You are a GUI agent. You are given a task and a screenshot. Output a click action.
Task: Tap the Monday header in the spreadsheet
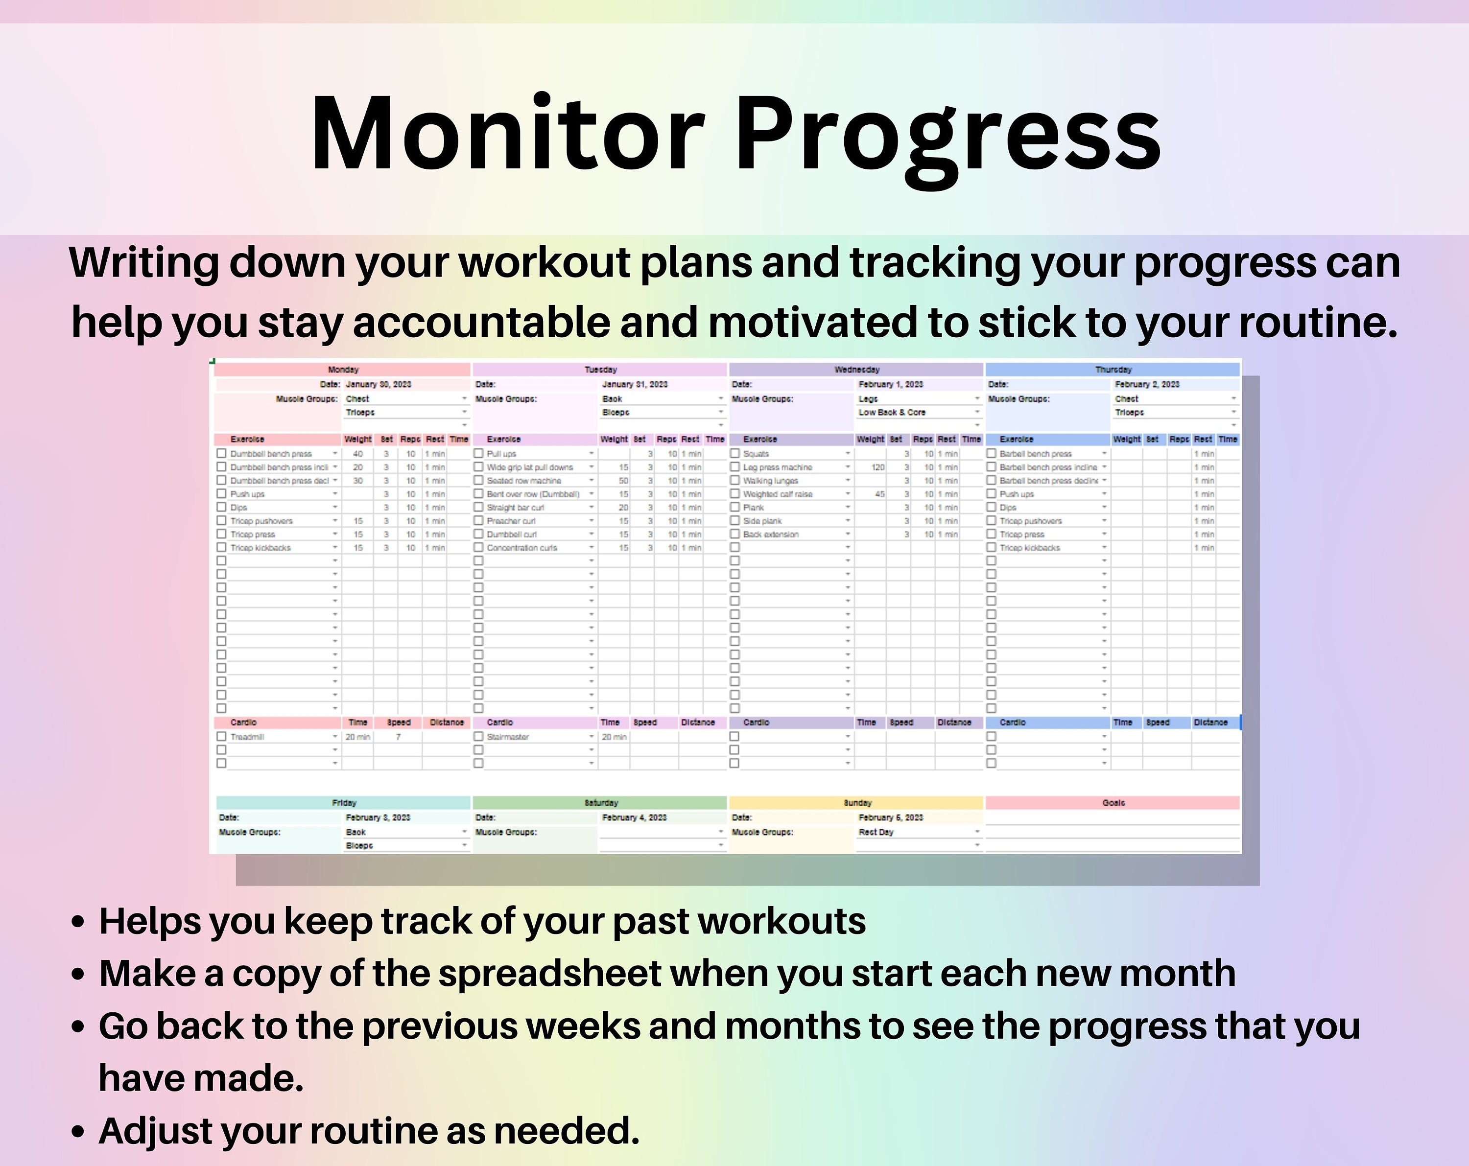(343, 369)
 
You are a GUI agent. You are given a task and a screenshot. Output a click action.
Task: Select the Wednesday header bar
(856, 369)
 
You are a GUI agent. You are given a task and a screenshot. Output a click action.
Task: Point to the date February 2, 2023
(1147, 384)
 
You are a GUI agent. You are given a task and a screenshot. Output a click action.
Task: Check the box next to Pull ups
(478, 453)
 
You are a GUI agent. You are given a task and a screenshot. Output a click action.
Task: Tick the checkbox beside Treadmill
(221, 736)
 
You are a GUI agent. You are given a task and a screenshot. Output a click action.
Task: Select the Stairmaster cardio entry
(508, 737)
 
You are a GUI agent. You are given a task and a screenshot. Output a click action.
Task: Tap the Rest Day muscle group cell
(876, 832)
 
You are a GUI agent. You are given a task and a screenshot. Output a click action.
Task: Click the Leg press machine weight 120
(878, 467)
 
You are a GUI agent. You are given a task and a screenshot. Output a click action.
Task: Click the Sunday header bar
(856, 803)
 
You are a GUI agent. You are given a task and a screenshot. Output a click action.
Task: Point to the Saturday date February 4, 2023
(634, 817)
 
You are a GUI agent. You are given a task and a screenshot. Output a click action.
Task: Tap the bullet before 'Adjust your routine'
(78, 1131)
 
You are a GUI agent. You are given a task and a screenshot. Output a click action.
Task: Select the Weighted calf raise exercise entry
(778, 494)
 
